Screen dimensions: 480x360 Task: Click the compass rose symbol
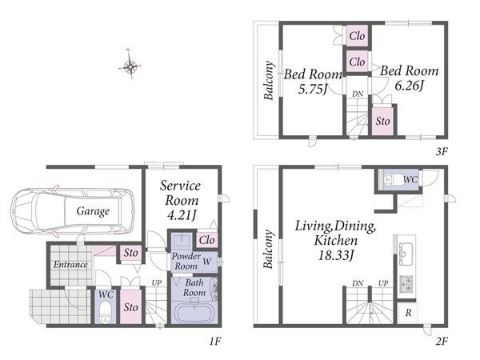click(x=130, y=66)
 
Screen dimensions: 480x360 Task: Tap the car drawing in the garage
click(x=73, y=213)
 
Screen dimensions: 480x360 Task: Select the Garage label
click(x=93, y=211)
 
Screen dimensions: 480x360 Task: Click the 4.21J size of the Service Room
click(x=182, y=215)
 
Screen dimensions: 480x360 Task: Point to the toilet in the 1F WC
click(x=106, y=312)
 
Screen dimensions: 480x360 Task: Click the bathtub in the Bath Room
click(x=194, y=312)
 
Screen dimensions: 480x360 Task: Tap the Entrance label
click(x=70, y=264)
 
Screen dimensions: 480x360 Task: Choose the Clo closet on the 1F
click(x=206, y=240)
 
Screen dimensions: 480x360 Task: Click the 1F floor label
click(x=215, y=341)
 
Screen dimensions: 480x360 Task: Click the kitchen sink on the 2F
click(x=405, y=254)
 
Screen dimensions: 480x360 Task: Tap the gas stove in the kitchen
click(x=406, y=284)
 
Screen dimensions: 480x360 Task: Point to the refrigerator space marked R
click(x=407, y=313)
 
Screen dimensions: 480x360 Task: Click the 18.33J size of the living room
click(x=336, y=254)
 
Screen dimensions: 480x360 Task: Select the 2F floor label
click(x=442, y=341)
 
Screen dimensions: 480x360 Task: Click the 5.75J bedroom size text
click(x=313, y=89)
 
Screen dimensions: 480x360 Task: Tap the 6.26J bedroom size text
click(x=409, y=86)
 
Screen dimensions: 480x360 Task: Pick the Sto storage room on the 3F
click(x=382, y=121)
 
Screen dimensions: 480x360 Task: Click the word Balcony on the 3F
click(x=269, y=81)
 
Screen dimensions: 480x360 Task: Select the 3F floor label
click(x=442, y=151)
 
